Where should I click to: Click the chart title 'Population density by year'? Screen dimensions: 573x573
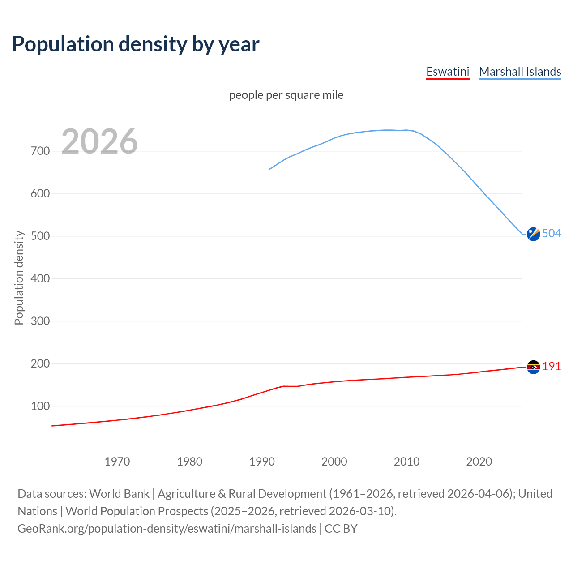click(x=136, y=44)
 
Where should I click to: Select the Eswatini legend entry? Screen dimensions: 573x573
click(x=447, y=72)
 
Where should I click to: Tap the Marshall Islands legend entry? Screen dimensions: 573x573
click(x=520, y=72)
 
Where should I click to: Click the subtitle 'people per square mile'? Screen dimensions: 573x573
click(x=286, y=95)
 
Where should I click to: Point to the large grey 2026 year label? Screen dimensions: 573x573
click(x=99, y=141)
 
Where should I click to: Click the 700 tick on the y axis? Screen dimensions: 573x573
click(x=40, y=151)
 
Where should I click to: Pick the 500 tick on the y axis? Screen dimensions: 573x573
click(x=40, y=236)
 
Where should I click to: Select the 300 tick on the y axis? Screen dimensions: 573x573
click(x=40, y=321)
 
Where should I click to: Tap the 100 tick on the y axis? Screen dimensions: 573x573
click(x=40, y=406)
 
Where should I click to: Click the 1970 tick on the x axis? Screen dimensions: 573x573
click(x=117, y=462)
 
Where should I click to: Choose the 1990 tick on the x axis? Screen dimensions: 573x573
click(x=262, y=462)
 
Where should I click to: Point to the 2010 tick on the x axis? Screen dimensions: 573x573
click(x=406, y=462)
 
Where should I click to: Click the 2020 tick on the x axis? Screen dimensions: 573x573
click(x=479, y=462)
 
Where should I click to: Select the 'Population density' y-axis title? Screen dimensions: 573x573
click(x=19, y=278)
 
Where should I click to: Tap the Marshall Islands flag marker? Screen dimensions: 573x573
click(x=533, y=234)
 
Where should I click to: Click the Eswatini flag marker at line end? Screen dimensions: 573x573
click(x=533, y=367)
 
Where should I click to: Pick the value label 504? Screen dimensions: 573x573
click(x=552, y=233)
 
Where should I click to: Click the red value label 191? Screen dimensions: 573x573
click(x=552, y=366)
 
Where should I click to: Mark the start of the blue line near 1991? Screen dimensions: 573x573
click(x=269, y=169)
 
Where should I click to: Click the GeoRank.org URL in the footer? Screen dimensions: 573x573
click(x=167, y=529)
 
